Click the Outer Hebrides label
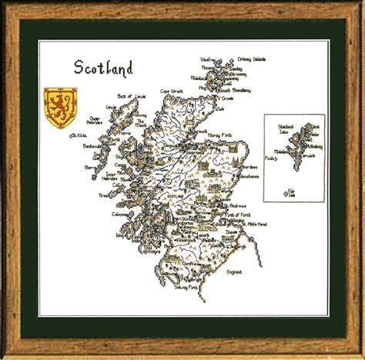(x=95, y=121)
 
